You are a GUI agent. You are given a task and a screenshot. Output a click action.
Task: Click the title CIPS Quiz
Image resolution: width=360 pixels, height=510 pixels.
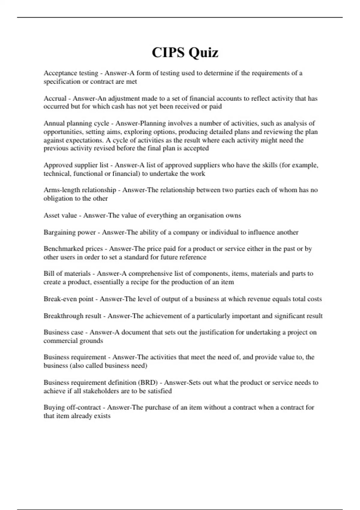(185, 53)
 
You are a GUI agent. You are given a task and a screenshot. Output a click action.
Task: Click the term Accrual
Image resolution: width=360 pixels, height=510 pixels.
(55, 98)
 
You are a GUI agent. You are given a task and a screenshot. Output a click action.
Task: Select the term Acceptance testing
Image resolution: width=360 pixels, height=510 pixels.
(71, 73)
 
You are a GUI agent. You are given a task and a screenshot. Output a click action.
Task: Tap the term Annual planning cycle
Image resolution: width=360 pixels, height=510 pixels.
(76, 123)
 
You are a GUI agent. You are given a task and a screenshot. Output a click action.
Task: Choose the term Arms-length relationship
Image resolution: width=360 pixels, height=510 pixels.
(80, 190)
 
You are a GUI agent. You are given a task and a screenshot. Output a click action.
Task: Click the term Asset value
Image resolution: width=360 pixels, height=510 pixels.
(60, 215)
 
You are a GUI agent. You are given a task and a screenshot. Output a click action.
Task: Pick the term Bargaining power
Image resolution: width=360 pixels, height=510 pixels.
(70, 232)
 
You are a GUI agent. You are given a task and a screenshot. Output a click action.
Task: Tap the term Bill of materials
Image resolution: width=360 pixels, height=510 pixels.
(67, 274)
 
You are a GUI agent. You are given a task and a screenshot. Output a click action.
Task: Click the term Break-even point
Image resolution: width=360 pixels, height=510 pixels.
(69, 299)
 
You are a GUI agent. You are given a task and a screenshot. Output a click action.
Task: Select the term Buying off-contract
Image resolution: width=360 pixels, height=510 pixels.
(72, 407)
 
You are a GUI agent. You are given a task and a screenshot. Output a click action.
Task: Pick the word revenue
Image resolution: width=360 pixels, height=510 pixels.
(259, 299)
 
